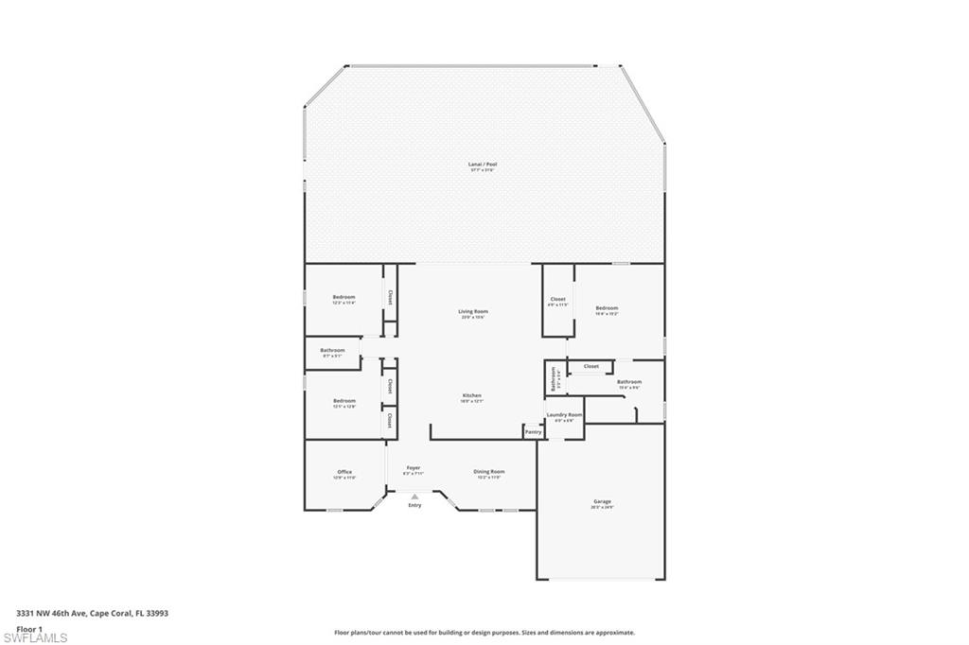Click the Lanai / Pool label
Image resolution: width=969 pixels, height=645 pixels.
tap(483, 165)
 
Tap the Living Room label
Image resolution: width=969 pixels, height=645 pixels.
tap(473, 311)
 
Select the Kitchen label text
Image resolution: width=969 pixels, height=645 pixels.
tap(471, 395)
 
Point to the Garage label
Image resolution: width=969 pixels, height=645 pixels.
tap(602, 501)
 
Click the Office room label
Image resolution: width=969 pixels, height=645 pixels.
tap(344, 472)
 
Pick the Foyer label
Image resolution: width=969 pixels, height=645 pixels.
tap(414, 468)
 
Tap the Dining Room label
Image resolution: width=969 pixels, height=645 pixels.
tap(489, 471)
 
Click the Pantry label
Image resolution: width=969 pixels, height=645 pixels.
tap(533, 432)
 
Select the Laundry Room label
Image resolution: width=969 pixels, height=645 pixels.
tap(564, 415)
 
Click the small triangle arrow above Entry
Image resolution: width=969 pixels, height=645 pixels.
tap(414, 496)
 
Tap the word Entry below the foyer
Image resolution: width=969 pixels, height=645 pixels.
tap(414, 506)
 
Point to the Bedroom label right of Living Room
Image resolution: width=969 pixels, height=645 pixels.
tap(607, 308)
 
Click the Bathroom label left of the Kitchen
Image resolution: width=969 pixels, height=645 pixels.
tap(332, 350)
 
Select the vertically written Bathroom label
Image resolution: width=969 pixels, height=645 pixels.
tap(554, 378)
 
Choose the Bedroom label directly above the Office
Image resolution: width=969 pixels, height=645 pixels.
tap(344, 401)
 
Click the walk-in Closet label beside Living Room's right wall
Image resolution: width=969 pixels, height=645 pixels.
tap(557, 300)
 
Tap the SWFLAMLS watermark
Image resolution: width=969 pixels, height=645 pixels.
tap(35, 637)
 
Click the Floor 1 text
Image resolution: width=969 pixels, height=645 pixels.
tap(29, 628)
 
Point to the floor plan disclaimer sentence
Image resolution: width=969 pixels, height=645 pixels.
tap(484, 633)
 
